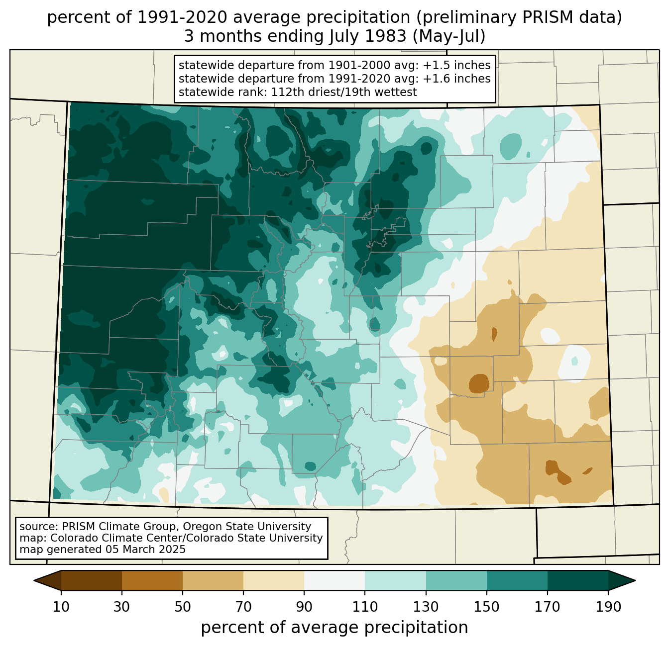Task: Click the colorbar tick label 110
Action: point(365,607)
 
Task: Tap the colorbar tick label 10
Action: point(61,607)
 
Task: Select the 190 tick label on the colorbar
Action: point(608,607)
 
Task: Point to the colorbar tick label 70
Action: point(243,607)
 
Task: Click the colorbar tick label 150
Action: point(486,607)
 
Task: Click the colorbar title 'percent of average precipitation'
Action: point(334,628)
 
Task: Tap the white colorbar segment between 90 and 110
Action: point(334,581)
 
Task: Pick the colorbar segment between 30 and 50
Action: point(152,581)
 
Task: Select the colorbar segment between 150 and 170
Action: point(517,581)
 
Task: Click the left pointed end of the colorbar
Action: point(34,581)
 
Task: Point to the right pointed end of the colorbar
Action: point(635,581)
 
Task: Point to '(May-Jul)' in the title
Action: point(448,36)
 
